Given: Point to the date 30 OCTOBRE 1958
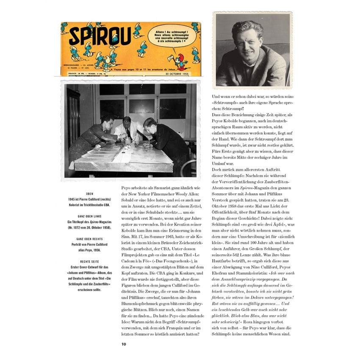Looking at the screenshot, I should (x=177, y=74).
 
